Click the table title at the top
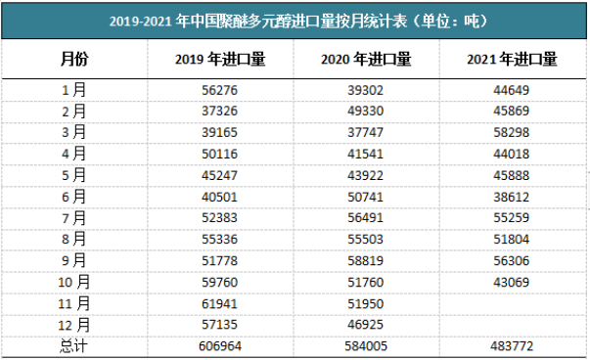295,20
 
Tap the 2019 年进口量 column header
220,59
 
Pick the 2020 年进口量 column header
366,59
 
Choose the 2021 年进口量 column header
512,59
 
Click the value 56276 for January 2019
220,89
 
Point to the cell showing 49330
366,107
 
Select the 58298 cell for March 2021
512,124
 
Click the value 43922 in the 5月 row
366,160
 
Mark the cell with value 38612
512,178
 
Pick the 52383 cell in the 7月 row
220,196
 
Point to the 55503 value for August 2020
366,213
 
